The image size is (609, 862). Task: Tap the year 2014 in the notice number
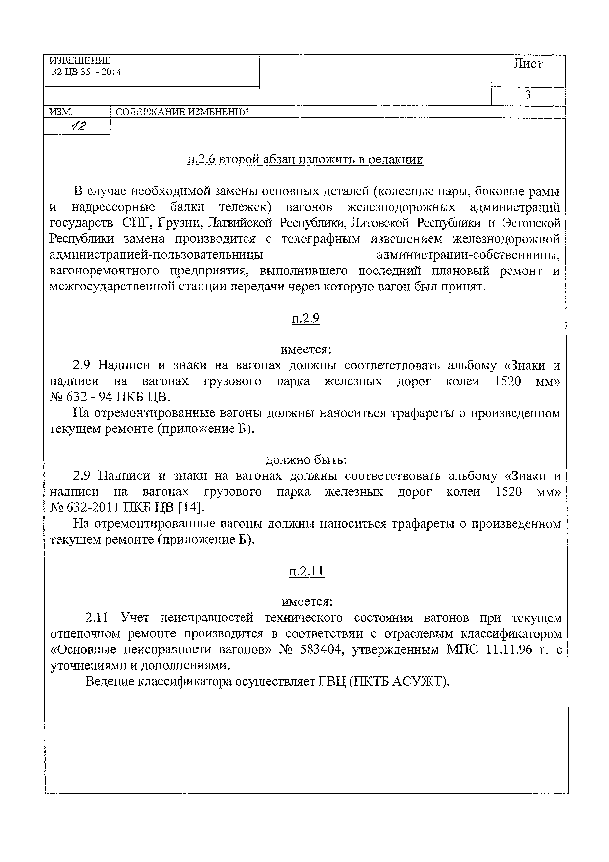point(111,72)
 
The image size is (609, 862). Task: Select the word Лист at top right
point(528,64)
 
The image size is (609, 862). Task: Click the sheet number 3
point(528,95)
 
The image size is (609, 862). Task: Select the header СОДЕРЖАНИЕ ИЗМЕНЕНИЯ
point(182,112)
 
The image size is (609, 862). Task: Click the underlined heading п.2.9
point(305,318)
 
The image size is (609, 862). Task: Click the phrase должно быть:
point(306,460)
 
